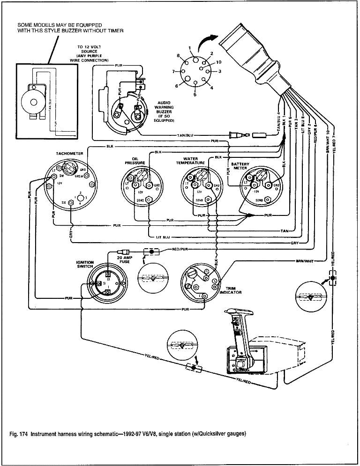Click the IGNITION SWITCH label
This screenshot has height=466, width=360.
(x=85, y=265)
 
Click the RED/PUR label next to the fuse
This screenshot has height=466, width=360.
(x=180, y=249)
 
